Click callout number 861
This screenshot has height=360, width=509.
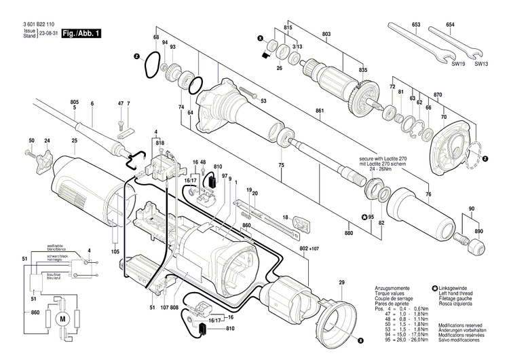click(x=318, y=110)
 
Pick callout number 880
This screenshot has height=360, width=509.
click(x=349, y=234)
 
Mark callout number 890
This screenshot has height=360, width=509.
click(x=480, y=232)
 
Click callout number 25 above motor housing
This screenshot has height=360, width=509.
click(x=74, y=141)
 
